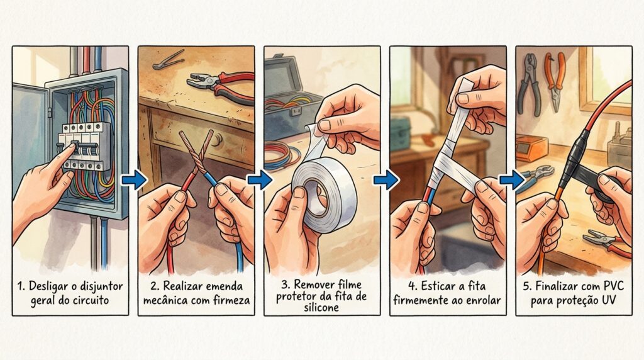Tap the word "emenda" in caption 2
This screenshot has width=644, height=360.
[x=225, y=286]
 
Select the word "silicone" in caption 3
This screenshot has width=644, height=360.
[x=321, y=307]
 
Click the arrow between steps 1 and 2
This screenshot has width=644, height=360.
[x=134, y=179]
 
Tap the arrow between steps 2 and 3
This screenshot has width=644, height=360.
[x=260, y=179]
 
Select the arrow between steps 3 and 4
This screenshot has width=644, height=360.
[x=386, y=179]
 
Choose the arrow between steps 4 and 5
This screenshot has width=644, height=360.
[x=512, y=179]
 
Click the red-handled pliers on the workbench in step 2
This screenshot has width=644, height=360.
[x=222, y=85]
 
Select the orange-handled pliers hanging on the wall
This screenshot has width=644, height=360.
[x=555, y=81]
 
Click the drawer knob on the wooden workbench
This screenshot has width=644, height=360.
[x=217, y=139]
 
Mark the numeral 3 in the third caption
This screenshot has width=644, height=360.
[x=285, y=285]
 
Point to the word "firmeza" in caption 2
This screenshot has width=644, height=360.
[x=231, y=300]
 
